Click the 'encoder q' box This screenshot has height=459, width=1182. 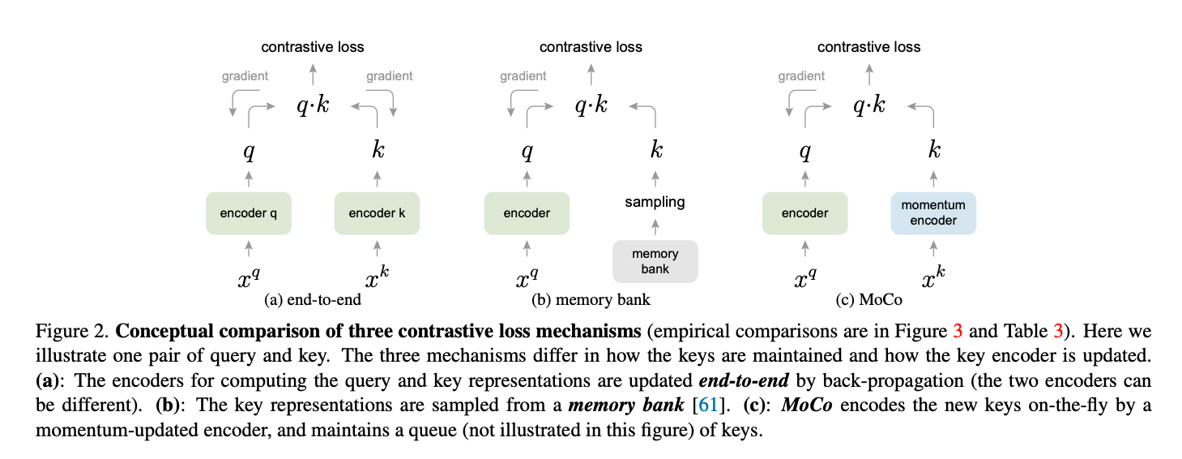[249, 213]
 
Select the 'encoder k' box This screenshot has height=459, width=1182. [377, 213]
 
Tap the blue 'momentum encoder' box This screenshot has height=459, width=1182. [933, 213]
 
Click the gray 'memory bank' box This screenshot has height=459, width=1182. [655, 261]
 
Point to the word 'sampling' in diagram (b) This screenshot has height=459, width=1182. [655, 202]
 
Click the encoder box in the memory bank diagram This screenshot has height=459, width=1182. [527, 213]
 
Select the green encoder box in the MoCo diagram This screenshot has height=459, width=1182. [804, 213]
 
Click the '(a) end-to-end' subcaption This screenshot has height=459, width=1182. [313, 299]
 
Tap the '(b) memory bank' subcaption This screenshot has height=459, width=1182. [591, 299]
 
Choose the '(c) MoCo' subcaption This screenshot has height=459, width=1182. [868, 299]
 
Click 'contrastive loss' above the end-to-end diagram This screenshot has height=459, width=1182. [313, 47]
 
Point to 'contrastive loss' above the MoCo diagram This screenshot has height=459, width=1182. [868, 47]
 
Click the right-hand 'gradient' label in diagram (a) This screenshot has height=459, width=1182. [390, 76]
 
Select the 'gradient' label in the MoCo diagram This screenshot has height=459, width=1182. [801, 76]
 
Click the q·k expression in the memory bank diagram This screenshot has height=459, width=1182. [591, 105]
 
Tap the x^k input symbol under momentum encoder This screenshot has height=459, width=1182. [933, 277]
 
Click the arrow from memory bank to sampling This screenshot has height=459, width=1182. [655, 228]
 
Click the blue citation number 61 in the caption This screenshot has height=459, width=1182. [707, 405]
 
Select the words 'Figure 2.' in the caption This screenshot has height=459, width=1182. [72, 331]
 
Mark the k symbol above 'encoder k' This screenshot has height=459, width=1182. [378, 149]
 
